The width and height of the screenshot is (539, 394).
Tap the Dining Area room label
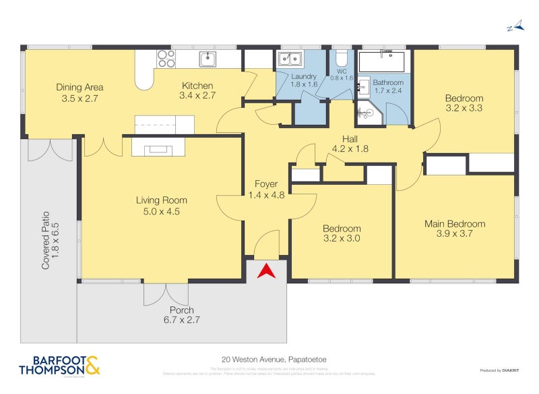tap(80, 87)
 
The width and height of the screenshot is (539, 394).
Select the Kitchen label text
tap(197, 86)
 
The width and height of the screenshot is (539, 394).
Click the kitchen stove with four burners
tap(166, 59)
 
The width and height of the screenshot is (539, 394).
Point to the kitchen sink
tap(208, 59)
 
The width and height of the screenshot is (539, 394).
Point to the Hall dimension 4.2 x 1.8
tap(350, 149)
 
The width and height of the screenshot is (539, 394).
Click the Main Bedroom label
tap(454, 224)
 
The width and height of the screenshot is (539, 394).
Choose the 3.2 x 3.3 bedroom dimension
tap(464, 108)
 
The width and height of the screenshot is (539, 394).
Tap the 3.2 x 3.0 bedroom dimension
tap(341, 238)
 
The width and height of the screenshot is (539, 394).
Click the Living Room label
tap(161, 200)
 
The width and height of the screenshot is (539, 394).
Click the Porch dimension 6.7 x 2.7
tap(181, 320)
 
